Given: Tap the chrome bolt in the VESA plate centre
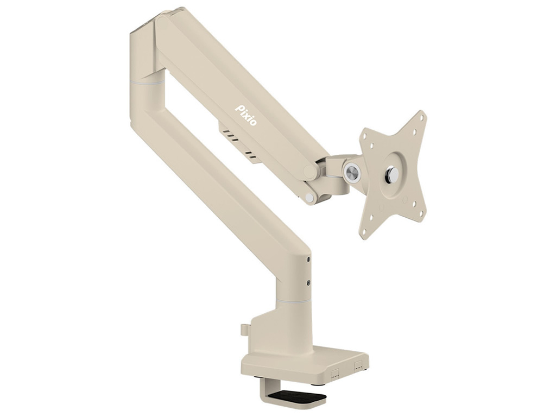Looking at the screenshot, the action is [392, 173].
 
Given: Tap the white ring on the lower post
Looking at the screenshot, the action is [294, 301].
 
